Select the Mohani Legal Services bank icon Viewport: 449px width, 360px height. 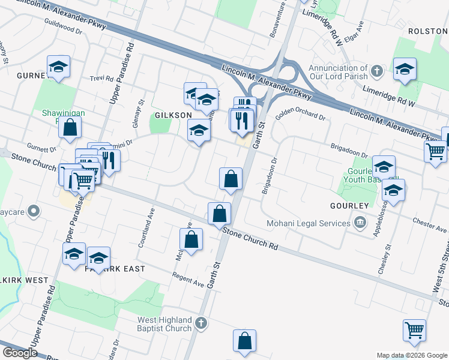(360, 223)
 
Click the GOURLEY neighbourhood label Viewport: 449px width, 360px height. (349, 205)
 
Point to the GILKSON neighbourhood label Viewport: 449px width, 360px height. (173, 115)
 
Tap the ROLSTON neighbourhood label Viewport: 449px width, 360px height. (428, 31)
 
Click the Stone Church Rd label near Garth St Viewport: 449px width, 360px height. (250, 238)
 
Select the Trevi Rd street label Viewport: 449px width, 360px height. (101, 78)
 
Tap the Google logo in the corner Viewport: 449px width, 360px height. (20, 353)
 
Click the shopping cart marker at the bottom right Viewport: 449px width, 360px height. (415, 331)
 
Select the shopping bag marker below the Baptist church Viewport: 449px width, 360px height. (244, 341)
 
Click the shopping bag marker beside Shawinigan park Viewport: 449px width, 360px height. (70, 127)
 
